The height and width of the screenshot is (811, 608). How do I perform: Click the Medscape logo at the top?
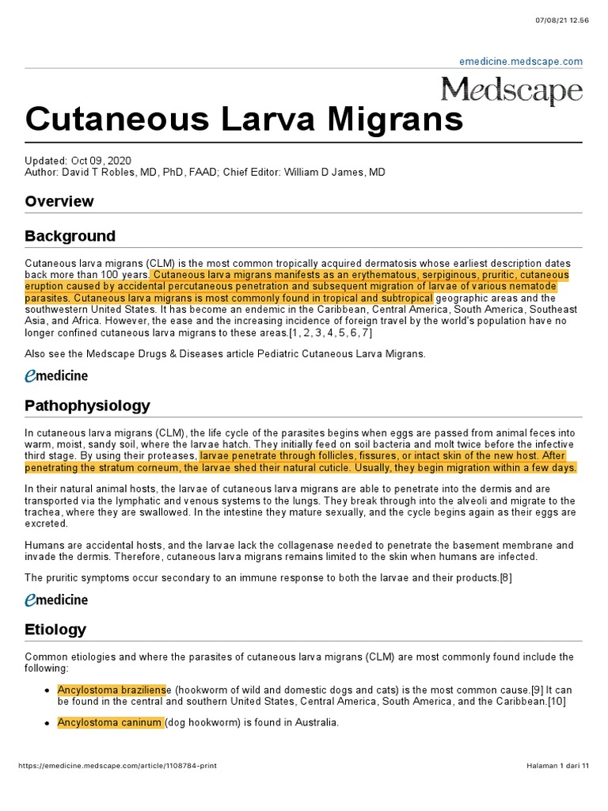[x=511, y=91]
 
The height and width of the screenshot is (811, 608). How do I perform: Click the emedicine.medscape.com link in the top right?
[x=521, y=61]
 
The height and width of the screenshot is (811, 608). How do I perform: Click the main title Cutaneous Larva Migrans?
[x=244, y=119]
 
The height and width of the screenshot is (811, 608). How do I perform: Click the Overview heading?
[x=59, y=201]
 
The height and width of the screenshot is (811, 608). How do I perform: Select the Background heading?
[x=70, y=236]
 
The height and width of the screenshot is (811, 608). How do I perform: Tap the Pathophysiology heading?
[x=87, y=405]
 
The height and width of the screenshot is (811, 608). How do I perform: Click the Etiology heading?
[x=55, y=630]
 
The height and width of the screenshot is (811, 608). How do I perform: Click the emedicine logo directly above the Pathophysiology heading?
[x=56, y=375]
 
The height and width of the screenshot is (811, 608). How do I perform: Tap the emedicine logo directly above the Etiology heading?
[x=56, y=600]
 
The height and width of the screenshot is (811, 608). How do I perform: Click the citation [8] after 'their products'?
[x=504, y=577]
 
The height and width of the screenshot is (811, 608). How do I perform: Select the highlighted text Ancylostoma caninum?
[x=110, y=722]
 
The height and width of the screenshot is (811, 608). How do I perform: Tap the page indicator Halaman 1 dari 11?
[x=557, y=766]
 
